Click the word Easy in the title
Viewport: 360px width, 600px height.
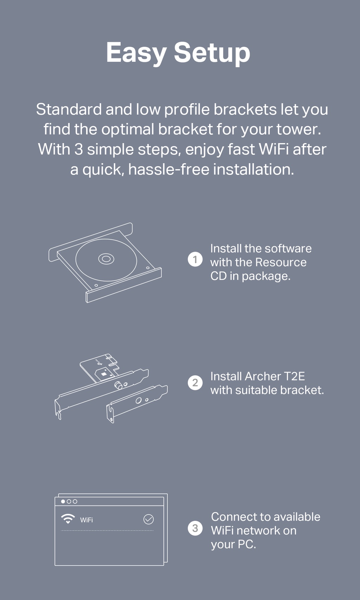point(136,53)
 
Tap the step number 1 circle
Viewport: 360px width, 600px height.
point(195,259)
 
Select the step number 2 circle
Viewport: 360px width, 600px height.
point(195,383)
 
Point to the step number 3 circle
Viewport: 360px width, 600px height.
point(195,528)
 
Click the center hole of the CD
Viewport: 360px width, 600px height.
point(106,259)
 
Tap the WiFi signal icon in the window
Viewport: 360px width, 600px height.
point(68,519)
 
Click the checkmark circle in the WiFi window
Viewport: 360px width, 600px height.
point(149,519)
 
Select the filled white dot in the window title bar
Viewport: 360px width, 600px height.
point(63,502)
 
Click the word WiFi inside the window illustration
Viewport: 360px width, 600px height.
point(86,520)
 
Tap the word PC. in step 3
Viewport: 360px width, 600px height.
point(246,544)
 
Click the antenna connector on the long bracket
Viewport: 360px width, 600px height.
point(118,385)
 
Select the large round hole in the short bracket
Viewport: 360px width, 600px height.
point(139,401)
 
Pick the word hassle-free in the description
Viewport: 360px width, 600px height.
point(169,170)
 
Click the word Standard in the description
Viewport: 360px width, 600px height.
point(69,109)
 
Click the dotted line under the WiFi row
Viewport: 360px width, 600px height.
point(107,530)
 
